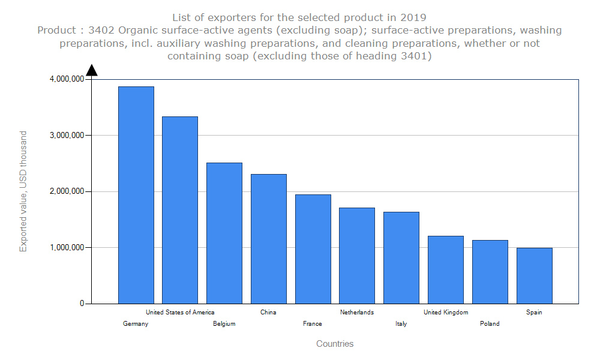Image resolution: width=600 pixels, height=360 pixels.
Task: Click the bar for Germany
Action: click(x=136, y=195)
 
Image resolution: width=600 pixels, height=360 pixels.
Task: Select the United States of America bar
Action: click(x=180, y=210)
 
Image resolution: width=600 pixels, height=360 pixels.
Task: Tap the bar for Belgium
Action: click(x=224, y=233)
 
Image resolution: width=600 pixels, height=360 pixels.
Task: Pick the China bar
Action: click(x=269, y=239)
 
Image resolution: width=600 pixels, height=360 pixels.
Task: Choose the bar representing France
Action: click(x=313, y=249)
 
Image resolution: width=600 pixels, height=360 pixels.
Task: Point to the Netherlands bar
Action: click(x=357, y=256)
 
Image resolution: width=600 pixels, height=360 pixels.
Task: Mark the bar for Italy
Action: click(x=401, y=258)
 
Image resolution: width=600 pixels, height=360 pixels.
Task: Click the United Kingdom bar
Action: click(x=446, y=270)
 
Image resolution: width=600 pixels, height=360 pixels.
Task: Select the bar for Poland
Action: click(x=490, y=272)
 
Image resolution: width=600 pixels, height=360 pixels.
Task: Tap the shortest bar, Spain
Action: click(x=535, y=276)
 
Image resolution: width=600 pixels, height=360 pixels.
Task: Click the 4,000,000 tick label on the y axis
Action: click(x=66, y=79)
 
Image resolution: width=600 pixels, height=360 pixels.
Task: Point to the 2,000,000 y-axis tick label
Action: click(x=66, y=191)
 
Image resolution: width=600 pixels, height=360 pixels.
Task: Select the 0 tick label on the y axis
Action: click(x=82, y=304)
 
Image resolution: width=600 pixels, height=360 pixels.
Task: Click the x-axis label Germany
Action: click(x=136, y=324)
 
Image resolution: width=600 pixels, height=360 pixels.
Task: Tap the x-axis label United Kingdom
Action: click(x=446, y=312)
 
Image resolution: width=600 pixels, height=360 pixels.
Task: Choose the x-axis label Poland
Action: click(x=490, y=324)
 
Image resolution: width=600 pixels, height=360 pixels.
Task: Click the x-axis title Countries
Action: click(x=335, y=344)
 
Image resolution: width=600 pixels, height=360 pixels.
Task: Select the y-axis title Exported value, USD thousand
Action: click(x=23, y=191)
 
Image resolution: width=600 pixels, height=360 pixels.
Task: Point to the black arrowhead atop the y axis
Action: click(x=92, y=70)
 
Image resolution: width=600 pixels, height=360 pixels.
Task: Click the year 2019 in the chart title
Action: click(x=413, y=17)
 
